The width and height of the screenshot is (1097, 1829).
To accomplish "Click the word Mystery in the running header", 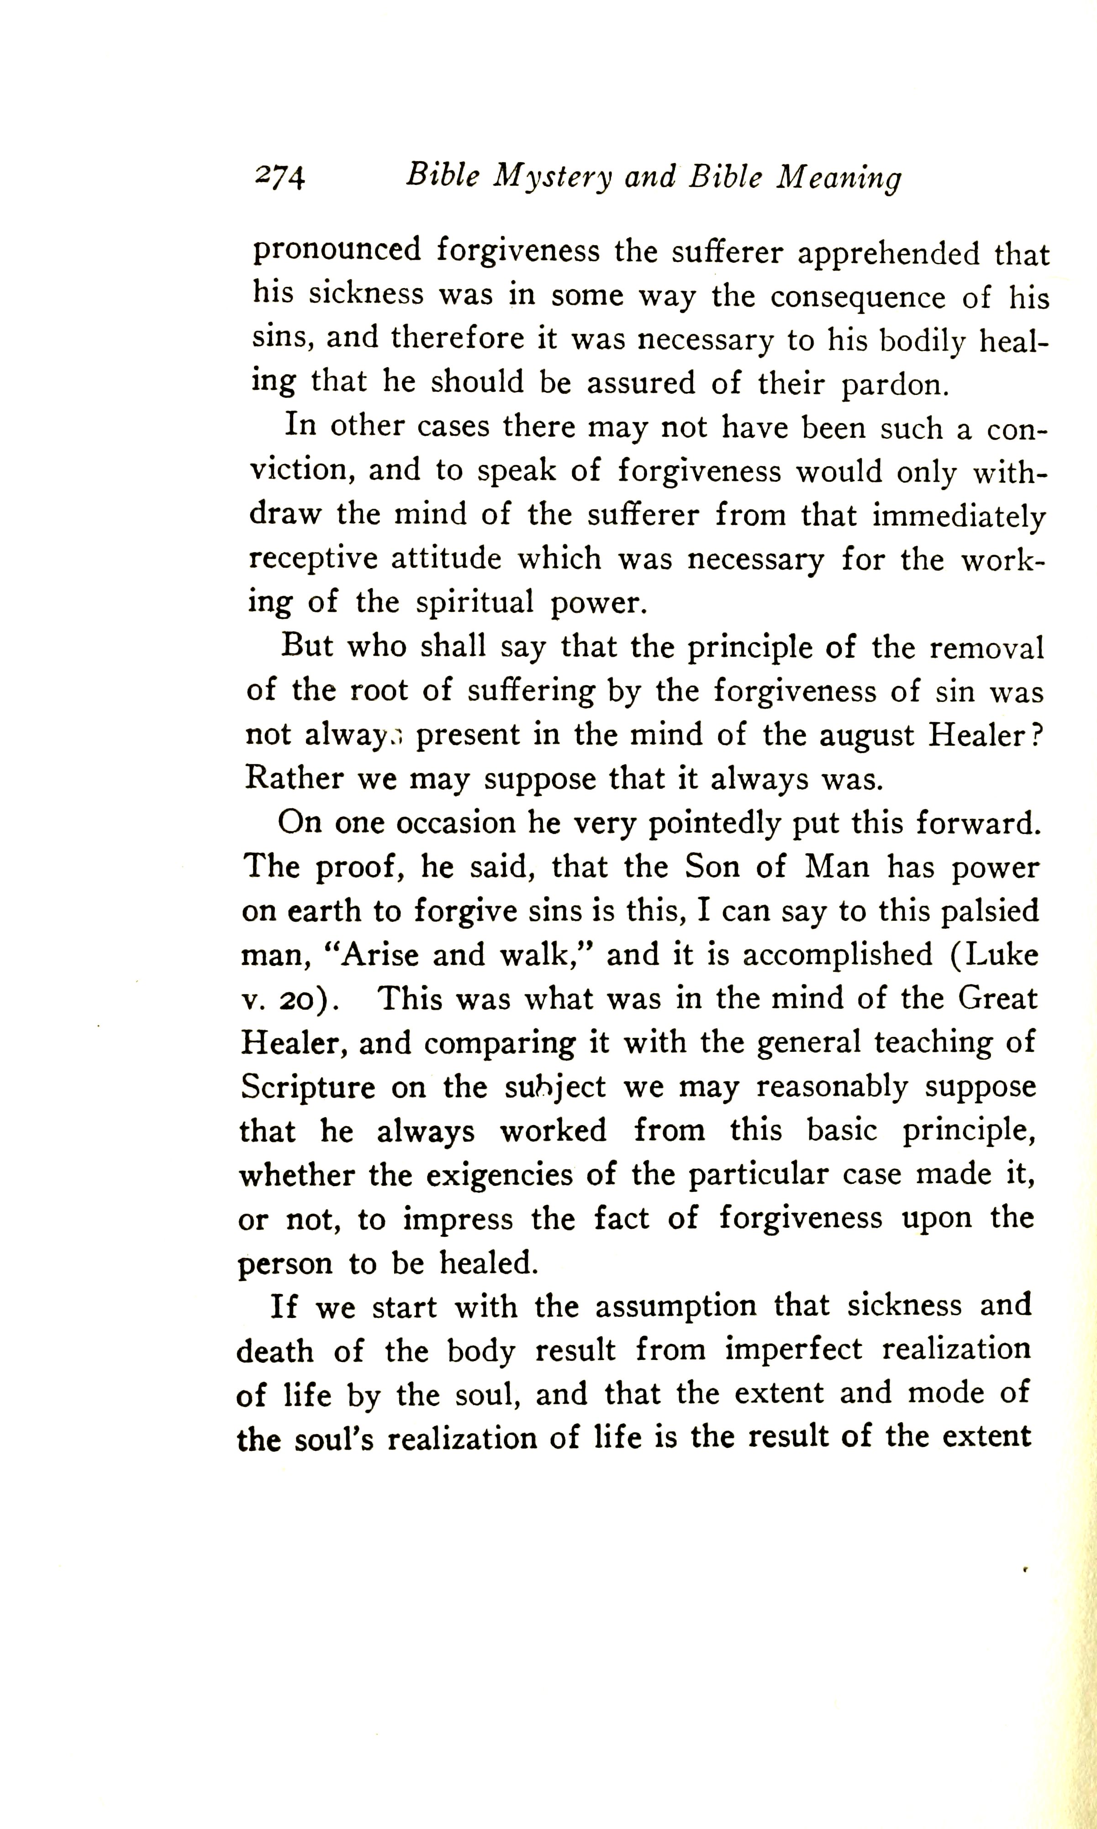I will coord(554,177).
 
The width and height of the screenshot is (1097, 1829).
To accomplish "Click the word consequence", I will coord(858,297).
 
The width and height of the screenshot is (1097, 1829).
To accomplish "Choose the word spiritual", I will coord(475,602).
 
